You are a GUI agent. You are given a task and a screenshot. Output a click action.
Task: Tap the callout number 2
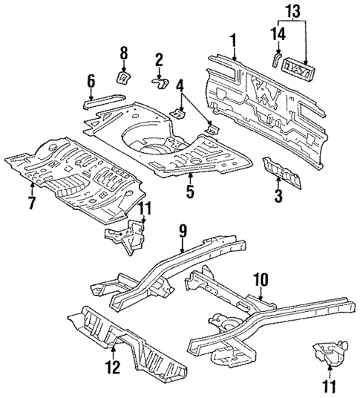(159, 59)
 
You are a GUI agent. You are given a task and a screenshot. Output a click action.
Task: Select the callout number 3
(278, 196)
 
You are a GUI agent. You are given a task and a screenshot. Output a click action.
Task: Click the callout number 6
(91, 80)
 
